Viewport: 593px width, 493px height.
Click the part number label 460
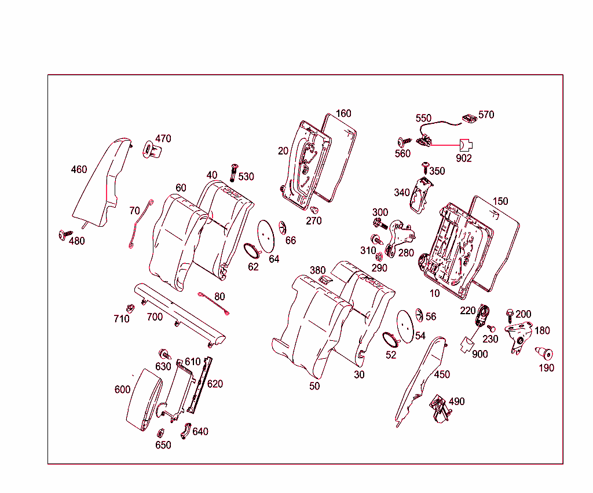coord(79,170)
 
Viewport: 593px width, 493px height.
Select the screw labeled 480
coord(62,234)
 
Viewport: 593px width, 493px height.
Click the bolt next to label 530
coord(235,172)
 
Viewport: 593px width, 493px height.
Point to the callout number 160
coord(343,113)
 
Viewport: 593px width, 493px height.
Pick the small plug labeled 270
coord(315,209)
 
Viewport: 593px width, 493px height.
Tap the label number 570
coord(486,115)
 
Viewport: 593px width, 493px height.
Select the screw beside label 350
coord(426,168)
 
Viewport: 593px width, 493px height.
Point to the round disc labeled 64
coord(266,236)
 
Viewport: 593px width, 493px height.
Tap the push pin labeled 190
coord(544,353)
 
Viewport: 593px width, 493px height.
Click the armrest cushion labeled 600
coord(145,399)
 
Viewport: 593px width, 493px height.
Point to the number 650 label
coord(163,445)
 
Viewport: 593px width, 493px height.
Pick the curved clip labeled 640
coord(186,430)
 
